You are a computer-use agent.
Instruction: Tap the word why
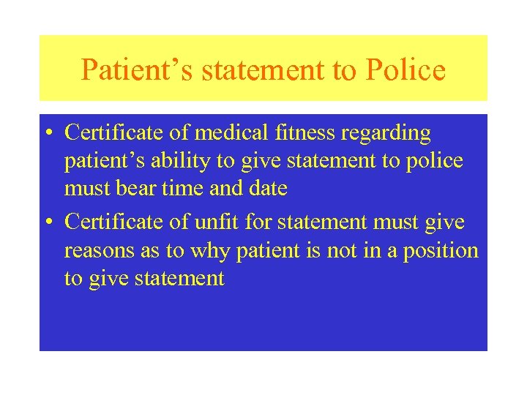(209, 252)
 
